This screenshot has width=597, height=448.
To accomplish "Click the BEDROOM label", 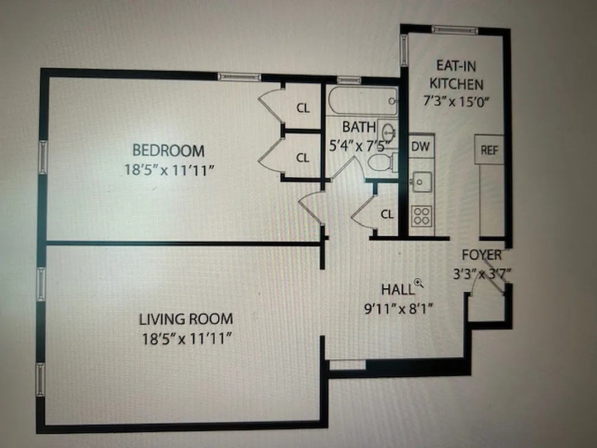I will tap(168, 150).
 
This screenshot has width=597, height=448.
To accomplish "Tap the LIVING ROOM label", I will tap(186, 319).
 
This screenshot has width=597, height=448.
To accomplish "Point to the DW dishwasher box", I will tap(421, 147).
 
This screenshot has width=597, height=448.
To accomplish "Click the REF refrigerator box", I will tap(489, 150).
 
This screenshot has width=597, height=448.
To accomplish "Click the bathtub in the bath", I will tap(362, 101).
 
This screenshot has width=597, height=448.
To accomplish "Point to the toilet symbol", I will tap(383, 162).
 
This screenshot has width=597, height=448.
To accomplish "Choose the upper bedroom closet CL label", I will tap(303, 109).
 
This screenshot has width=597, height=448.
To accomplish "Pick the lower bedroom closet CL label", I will tap(303, 158).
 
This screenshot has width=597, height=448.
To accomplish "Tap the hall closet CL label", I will tap(387, 213).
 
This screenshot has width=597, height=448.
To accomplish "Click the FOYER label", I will tap(481, 255).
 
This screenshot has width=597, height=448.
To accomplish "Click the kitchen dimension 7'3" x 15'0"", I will tap(455, 102).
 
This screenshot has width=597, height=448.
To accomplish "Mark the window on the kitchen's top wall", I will tap(454, 30).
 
